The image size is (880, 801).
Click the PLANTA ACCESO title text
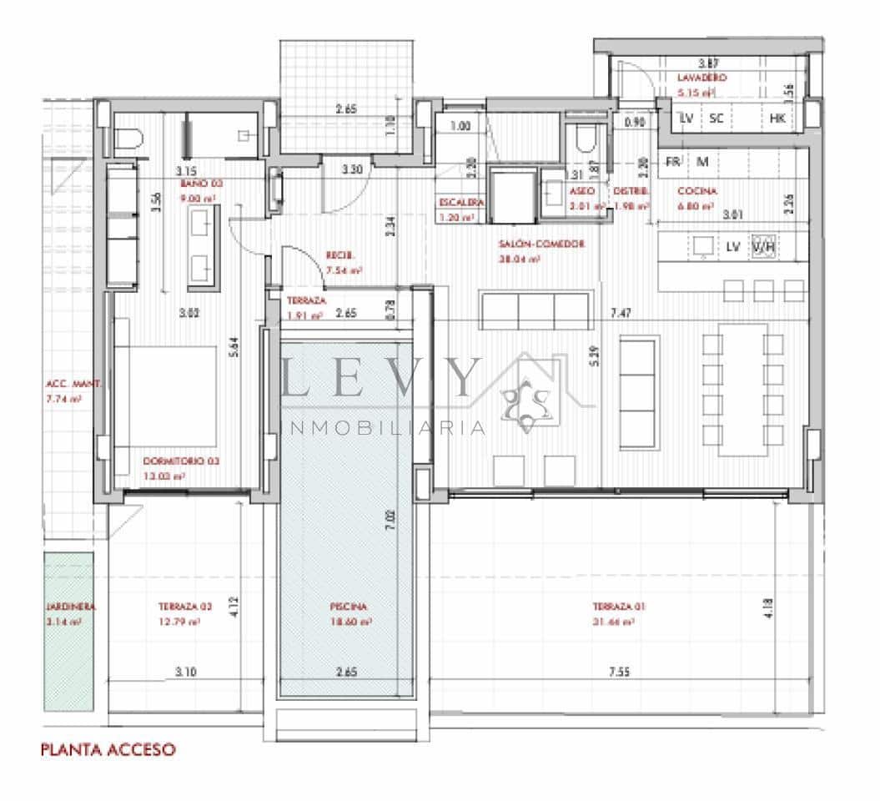point(108,749)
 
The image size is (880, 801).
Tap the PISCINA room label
point(348,607)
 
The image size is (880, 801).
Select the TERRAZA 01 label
point(618,607)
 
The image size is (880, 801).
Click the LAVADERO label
point(701,78)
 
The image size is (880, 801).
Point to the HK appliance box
point(777,118)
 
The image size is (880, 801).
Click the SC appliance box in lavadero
point(716,118)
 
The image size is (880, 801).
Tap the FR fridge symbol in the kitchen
point(673,160)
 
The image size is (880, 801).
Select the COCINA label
point(696,190)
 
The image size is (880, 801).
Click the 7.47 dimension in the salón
point(619,313)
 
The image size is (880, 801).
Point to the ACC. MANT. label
point(73,385)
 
